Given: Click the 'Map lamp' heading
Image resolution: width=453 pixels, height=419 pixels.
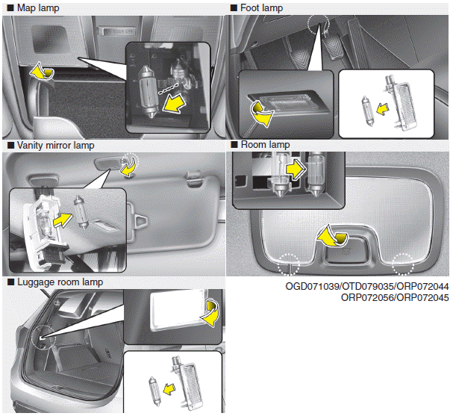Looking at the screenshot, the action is (x=38, y=7).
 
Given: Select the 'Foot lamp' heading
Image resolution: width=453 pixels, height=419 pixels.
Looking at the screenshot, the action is (x=261, y=7).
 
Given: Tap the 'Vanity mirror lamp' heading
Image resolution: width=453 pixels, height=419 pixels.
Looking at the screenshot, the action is (x=55, y=145).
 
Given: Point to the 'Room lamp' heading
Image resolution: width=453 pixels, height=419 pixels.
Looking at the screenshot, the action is (x=265, y=145).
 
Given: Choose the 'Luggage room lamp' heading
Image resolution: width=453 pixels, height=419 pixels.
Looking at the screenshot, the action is (x=60, y=282).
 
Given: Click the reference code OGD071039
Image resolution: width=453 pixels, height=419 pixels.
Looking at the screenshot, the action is (x=312, y=286).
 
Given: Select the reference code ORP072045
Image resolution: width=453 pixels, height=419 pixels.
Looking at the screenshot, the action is (x=422, y=297).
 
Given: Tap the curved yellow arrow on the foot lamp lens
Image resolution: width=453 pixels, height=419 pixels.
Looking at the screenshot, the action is (x=261, y=114).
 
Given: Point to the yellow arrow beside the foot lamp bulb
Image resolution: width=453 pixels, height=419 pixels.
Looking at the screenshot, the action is (x=383, y=109).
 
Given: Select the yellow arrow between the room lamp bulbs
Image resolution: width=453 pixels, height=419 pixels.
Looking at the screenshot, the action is (x=296, y=170).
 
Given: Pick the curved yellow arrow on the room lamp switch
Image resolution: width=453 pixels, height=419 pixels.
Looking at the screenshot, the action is (x=332, y=236).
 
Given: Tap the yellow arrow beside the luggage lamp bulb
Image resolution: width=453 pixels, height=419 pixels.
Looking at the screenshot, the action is (x=169, y=389).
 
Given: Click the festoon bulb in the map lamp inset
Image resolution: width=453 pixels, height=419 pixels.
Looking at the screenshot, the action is (x=149, y=92).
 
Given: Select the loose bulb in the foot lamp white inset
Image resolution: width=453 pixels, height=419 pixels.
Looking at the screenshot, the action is (x=368, y=111).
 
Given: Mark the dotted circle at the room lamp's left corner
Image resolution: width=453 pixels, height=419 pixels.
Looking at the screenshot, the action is (x=289, y=264).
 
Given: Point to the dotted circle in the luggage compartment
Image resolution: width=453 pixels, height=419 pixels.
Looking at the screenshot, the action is (x=43, y=337).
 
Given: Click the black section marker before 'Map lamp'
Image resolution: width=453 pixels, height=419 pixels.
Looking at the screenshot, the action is (x=10, y=7).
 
